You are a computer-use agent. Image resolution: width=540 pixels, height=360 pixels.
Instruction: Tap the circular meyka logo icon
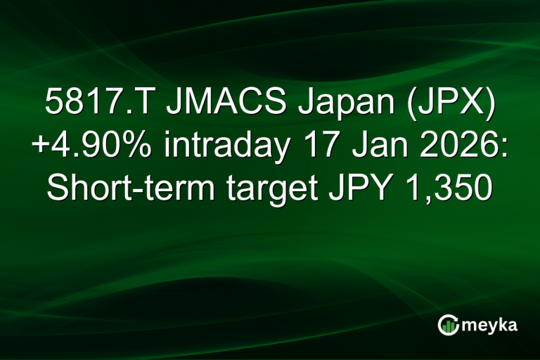pos(449,324)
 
